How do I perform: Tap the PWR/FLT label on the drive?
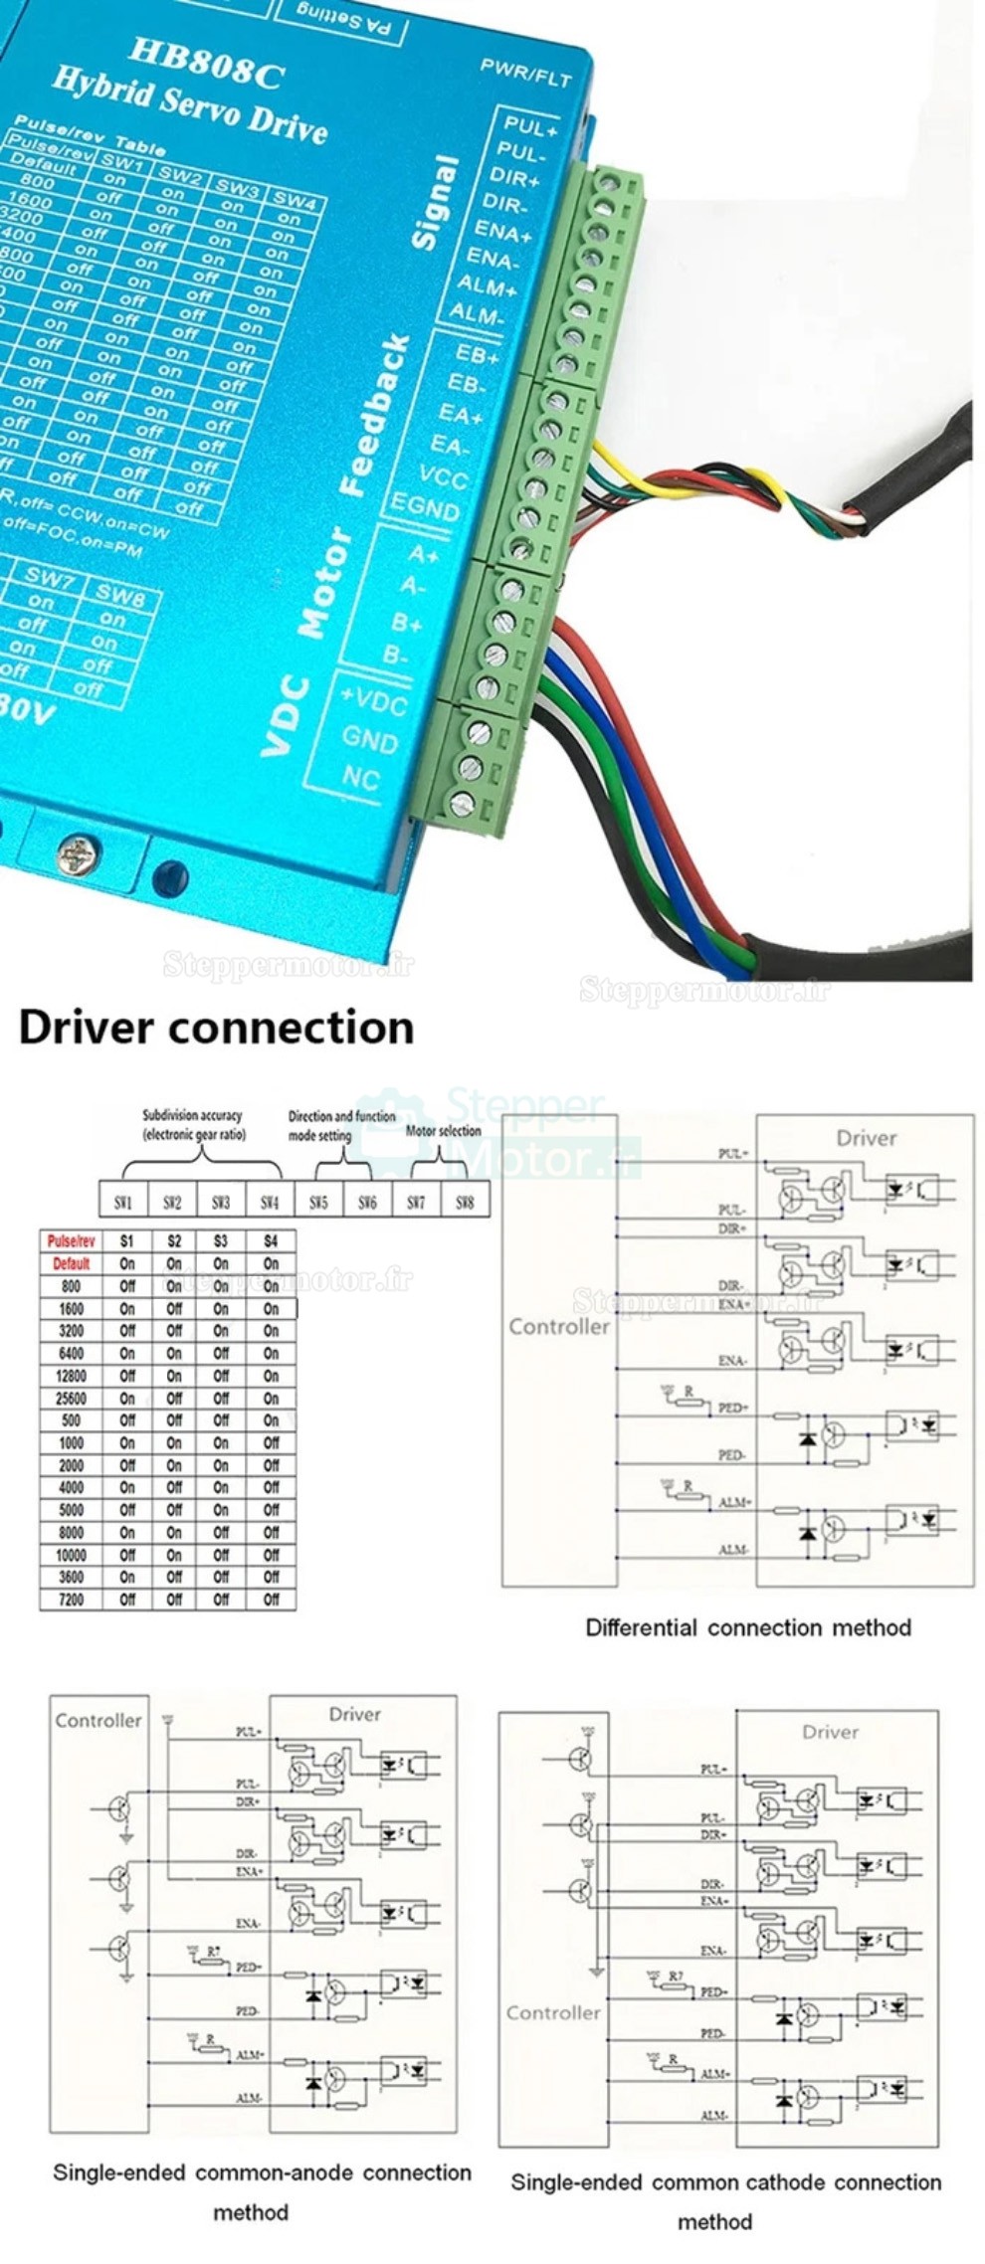(x=525, y=72)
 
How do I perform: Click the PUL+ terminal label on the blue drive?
(x=529, y=126)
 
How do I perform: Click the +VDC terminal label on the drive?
(x=373, y=701)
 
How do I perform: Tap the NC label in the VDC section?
(x=360, y=776)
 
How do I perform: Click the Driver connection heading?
(x=216, y=1028)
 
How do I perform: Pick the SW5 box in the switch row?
(x=318, y=1202)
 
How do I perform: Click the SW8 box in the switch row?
(x=465, y=1202)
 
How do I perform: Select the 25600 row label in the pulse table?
(x=71, y=1399)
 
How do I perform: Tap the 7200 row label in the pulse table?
(x=71, y=1600)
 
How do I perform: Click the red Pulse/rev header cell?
(x=71, y=1241)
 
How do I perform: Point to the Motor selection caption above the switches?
(x=444, y=1131)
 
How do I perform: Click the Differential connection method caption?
(x=747, y=1628)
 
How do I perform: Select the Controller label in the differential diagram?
(x=558, y=1327)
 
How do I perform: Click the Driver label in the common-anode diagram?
(x=354, y=1714)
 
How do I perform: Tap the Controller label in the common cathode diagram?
(x=553, y=2012)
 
